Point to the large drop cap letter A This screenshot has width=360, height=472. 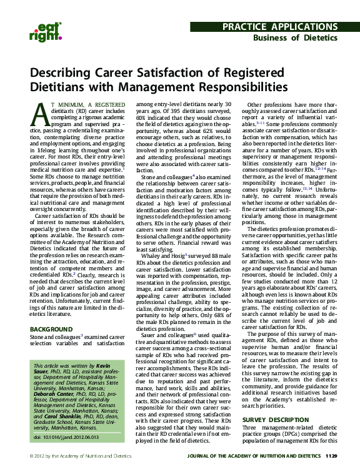[x=39, y=114]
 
